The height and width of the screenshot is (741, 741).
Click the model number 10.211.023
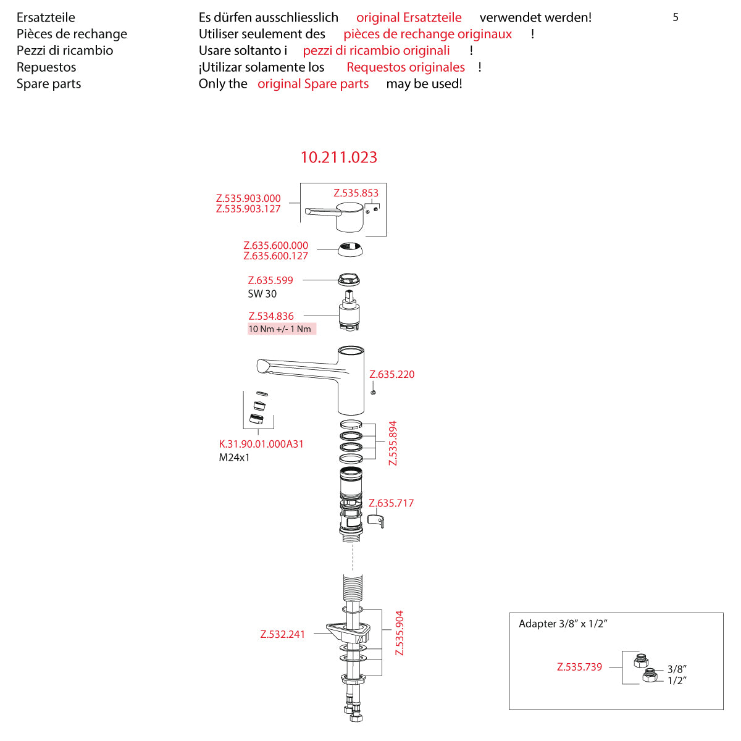tap(338, 157)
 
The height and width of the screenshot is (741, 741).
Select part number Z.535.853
tap(356, 193)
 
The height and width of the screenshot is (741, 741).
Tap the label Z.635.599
tap(270, 280)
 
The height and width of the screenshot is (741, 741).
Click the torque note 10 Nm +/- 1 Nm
tap(280, 329)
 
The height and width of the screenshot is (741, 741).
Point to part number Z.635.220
tap(392, 374)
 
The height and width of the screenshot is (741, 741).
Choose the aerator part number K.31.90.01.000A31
tap(261, 444)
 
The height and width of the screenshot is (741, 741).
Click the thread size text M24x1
tap(234, 458)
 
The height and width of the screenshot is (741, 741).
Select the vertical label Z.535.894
tap(393, 443)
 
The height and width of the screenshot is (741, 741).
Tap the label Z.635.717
tap(391, 503)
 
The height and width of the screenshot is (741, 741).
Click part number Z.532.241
tap(283, 634)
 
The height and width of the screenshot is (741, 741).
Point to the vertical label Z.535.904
tap(400, 633)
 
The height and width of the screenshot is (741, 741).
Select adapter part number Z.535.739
tap(579, 667)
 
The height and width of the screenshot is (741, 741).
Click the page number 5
tap(676, 17)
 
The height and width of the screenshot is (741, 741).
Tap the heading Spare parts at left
tap(49, 84)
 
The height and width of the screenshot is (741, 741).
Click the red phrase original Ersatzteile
tap(409, 17)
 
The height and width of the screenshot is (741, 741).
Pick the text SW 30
tap(262, 294)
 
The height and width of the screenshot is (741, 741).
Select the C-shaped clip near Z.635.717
tap(376, 521)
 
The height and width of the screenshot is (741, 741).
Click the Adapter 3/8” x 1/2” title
tap(563, 624)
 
